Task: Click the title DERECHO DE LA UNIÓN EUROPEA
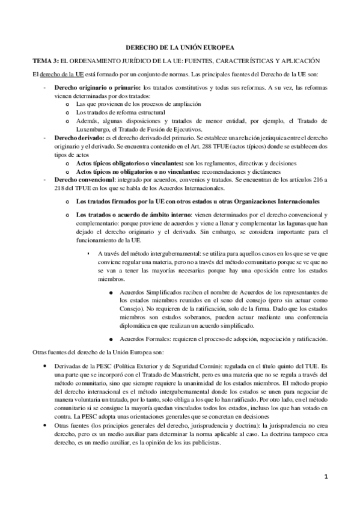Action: [x=180, y=47]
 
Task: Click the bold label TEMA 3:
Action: [x=46, y=61]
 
